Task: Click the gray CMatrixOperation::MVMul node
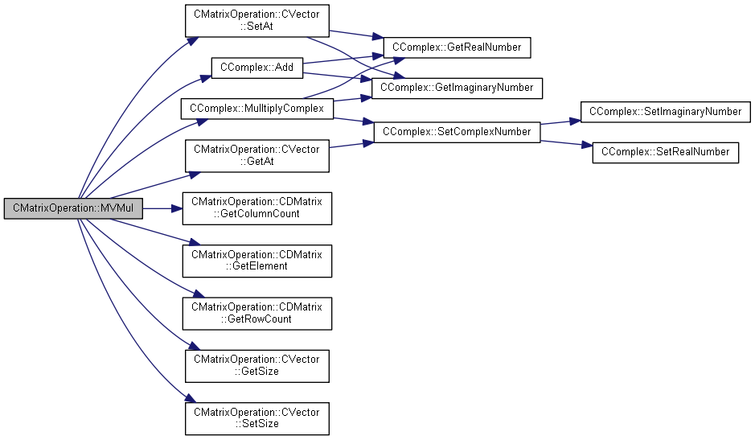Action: pos(73,208)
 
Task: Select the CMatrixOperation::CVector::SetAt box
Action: pos(257,21)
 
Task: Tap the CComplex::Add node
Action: pos(257,68)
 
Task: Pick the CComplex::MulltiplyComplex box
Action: pos(257,109)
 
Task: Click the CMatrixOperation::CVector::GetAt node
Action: pos(257,156)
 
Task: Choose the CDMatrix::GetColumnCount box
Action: pos(257,208)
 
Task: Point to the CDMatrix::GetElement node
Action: pos(257,261)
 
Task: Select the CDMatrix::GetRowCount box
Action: pos(257,313)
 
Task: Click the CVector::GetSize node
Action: pos(257,366)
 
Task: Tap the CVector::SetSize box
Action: pos(257,418)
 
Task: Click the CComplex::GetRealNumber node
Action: pos(457,47)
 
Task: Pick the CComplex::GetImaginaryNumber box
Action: pos(457,88)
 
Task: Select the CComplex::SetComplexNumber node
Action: pos(457,132)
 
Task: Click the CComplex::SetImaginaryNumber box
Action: pos(666,112)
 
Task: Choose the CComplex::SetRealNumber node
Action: pos(666,152)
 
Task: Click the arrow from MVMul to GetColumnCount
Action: pos(162,208)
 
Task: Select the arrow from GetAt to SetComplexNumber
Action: pos(351,145)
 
